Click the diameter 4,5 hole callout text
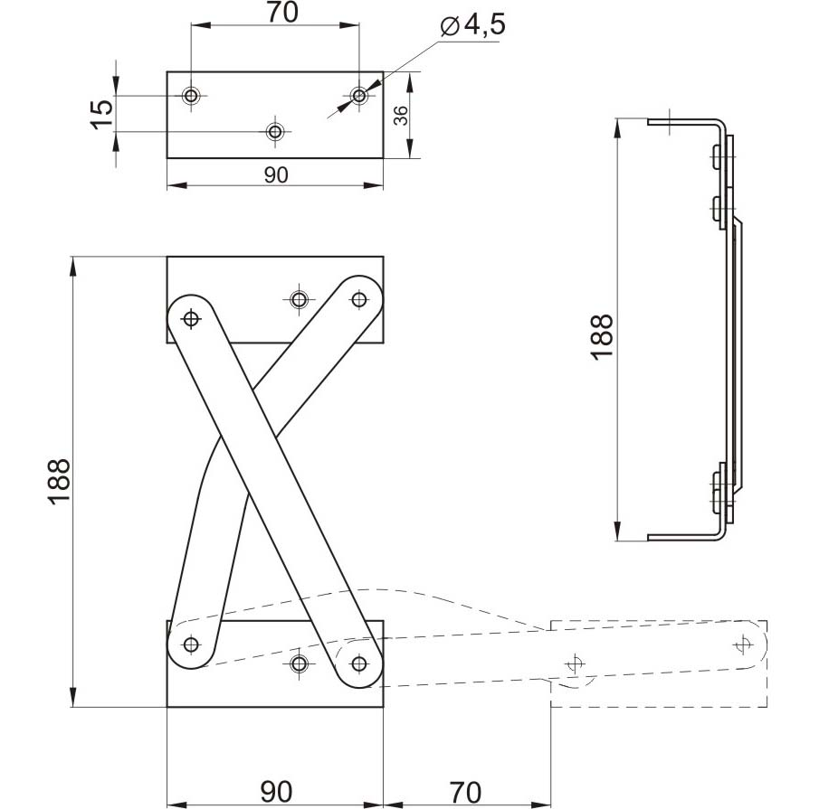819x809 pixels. pos(472,26)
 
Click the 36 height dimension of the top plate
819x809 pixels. pos(401,116)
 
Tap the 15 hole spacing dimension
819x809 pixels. pos(102,114)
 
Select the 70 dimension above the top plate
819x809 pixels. pos(282,13)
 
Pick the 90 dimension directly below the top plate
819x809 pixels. pos(276,175)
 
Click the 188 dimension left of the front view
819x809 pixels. pos(59,482)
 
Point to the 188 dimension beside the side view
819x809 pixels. pos(602,336)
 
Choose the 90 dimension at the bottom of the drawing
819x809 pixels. pos(276,792)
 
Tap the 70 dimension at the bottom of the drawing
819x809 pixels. pos(465,792)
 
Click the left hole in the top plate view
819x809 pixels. pos(191,96)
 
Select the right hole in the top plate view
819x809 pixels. pos(359,96)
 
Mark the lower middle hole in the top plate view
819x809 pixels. pos(275,131)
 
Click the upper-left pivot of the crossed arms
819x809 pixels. pos(191,317)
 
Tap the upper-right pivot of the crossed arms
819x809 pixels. pos(359,299)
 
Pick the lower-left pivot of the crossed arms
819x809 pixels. pos(191,644)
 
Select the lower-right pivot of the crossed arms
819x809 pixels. pos(359,663)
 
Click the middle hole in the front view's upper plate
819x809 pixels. pos(299,299)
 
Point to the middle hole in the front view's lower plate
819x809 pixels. pos(299,663)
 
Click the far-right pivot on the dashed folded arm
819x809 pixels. pos(743,645)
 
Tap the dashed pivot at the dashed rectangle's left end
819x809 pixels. pos(575,663)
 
